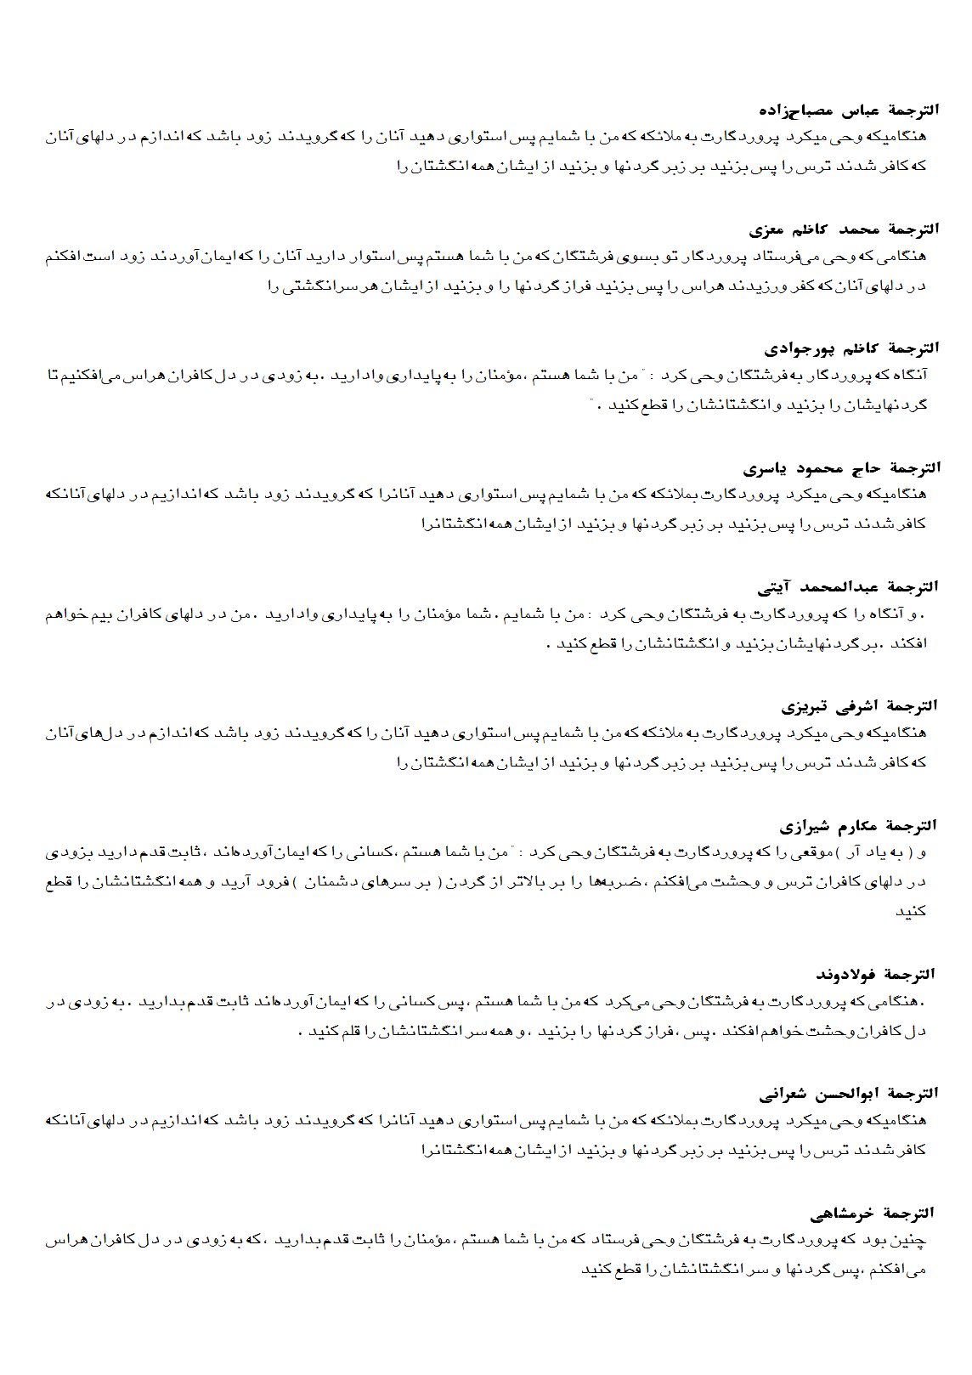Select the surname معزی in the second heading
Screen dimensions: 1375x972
766,230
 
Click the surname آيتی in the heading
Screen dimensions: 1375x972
774,587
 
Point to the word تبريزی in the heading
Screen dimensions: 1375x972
800,707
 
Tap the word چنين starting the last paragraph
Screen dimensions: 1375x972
911,1241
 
